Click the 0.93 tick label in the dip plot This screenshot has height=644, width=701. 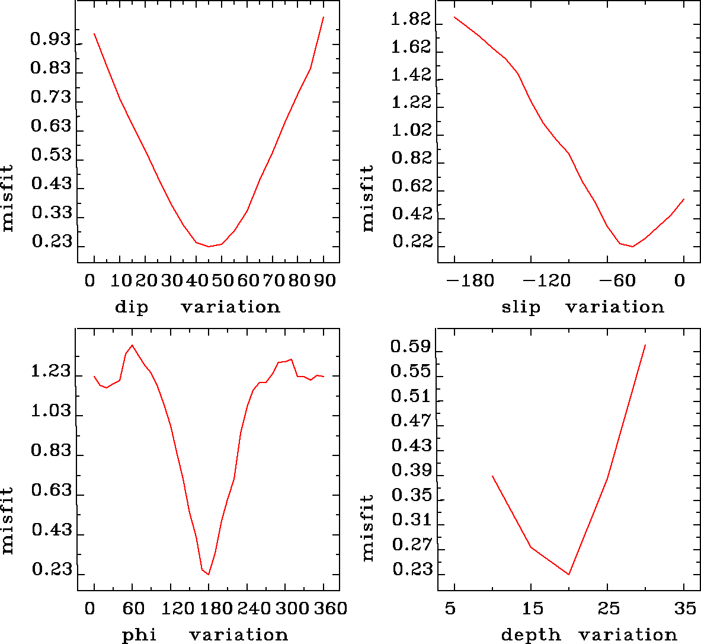[x=50, y=40]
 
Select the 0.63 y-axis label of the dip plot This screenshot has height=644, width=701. [x=50, y=126]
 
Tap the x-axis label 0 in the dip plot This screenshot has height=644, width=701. [x=90, y=280]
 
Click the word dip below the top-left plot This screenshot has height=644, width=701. [x=132, y=307]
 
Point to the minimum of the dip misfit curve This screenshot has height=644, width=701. [x=209, y=246]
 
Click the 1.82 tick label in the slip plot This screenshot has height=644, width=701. [x=411, y=20]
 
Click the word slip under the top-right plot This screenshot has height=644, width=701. [x=521, y=307]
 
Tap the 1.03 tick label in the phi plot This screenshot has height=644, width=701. [x=50, y=412]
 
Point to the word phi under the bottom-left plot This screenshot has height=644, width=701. [x=139, y=635]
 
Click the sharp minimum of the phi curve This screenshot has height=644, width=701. [x=209, y=574]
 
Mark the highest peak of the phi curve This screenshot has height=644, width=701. [x=132, y=345]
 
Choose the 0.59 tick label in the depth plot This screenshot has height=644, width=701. [x=411, y=347]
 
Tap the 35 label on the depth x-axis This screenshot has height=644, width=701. [x=684, y=608]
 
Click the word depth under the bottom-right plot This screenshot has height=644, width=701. [x=530, y=635]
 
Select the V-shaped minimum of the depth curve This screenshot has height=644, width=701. [x=569, y=574]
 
